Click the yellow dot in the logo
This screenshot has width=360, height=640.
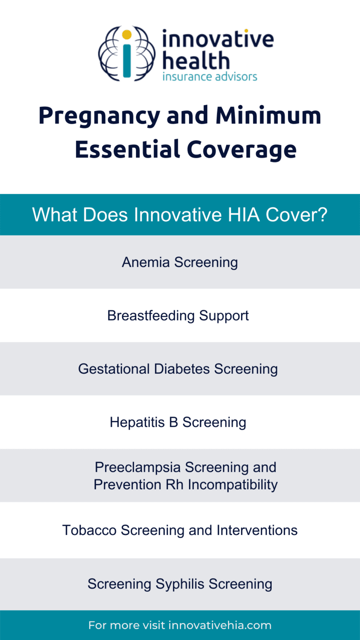pos(127,34)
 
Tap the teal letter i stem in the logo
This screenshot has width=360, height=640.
pos(127,60)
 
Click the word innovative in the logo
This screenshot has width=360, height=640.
pos(218,39)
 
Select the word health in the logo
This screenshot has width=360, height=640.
pos(196,61)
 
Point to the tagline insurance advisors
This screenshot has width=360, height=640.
pos(209,77)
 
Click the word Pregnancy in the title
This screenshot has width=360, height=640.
pos(99,116)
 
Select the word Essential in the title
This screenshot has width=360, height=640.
pos(127,149)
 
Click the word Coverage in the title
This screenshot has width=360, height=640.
pos(241,150)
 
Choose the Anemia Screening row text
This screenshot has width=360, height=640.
pos(180,262)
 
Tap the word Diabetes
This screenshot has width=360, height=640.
pos(182,369)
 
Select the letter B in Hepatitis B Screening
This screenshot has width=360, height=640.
pos(173,422)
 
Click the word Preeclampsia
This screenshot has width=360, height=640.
pos(138,467)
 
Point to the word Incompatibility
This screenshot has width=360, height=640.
pos(233,484)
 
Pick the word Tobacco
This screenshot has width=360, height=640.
pos(90,530)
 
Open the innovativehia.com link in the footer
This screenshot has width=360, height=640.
pos(220,625)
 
